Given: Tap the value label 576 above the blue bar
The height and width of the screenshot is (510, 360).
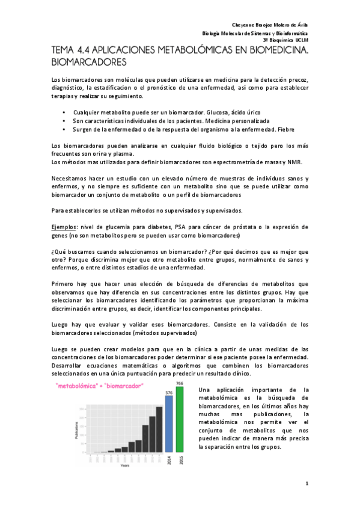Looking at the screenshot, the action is tap(169, 392).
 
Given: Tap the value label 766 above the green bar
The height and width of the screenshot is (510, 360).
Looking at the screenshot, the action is tap(180, 384).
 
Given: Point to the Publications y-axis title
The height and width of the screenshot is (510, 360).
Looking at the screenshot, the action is tap(76, 429).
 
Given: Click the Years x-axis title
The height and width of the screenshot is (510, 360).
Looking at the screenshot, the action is tap(124, 465).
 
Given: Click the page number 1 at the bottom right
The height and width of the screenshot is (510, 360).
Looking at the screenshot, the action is tap(307, 484).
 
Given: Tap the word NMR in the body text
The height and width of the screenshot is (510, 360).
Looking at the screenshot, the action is tap(296, 163).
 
